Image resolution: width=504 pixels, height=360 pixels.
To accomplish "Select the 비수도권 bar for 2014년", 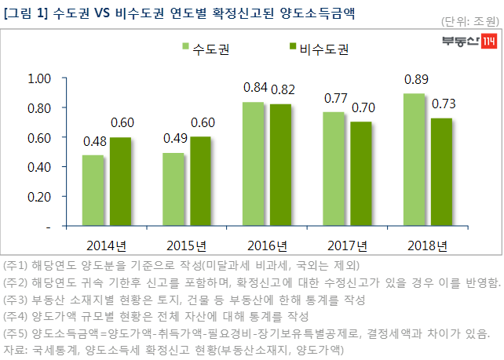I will [x=120, y=182].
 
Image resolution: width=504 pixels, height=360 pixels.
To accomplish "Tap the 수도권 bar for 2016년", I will [x=253, y=164].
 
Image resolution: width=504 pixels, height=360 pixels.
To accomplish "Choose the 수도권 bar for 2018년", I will [x=415, y=160].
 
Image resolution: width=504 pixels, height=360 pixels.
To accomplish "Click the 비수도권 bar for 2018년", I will [x=441, y=172].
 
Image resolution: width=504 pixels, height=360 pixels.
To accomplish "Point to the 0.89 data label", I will [x=416, y=80].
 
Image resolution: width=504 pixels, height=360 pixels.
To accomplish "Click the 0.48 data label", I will [x=95, y=142].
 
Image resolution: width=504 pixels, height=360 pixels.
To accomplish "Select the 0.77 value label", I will [x=336, y=99].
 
